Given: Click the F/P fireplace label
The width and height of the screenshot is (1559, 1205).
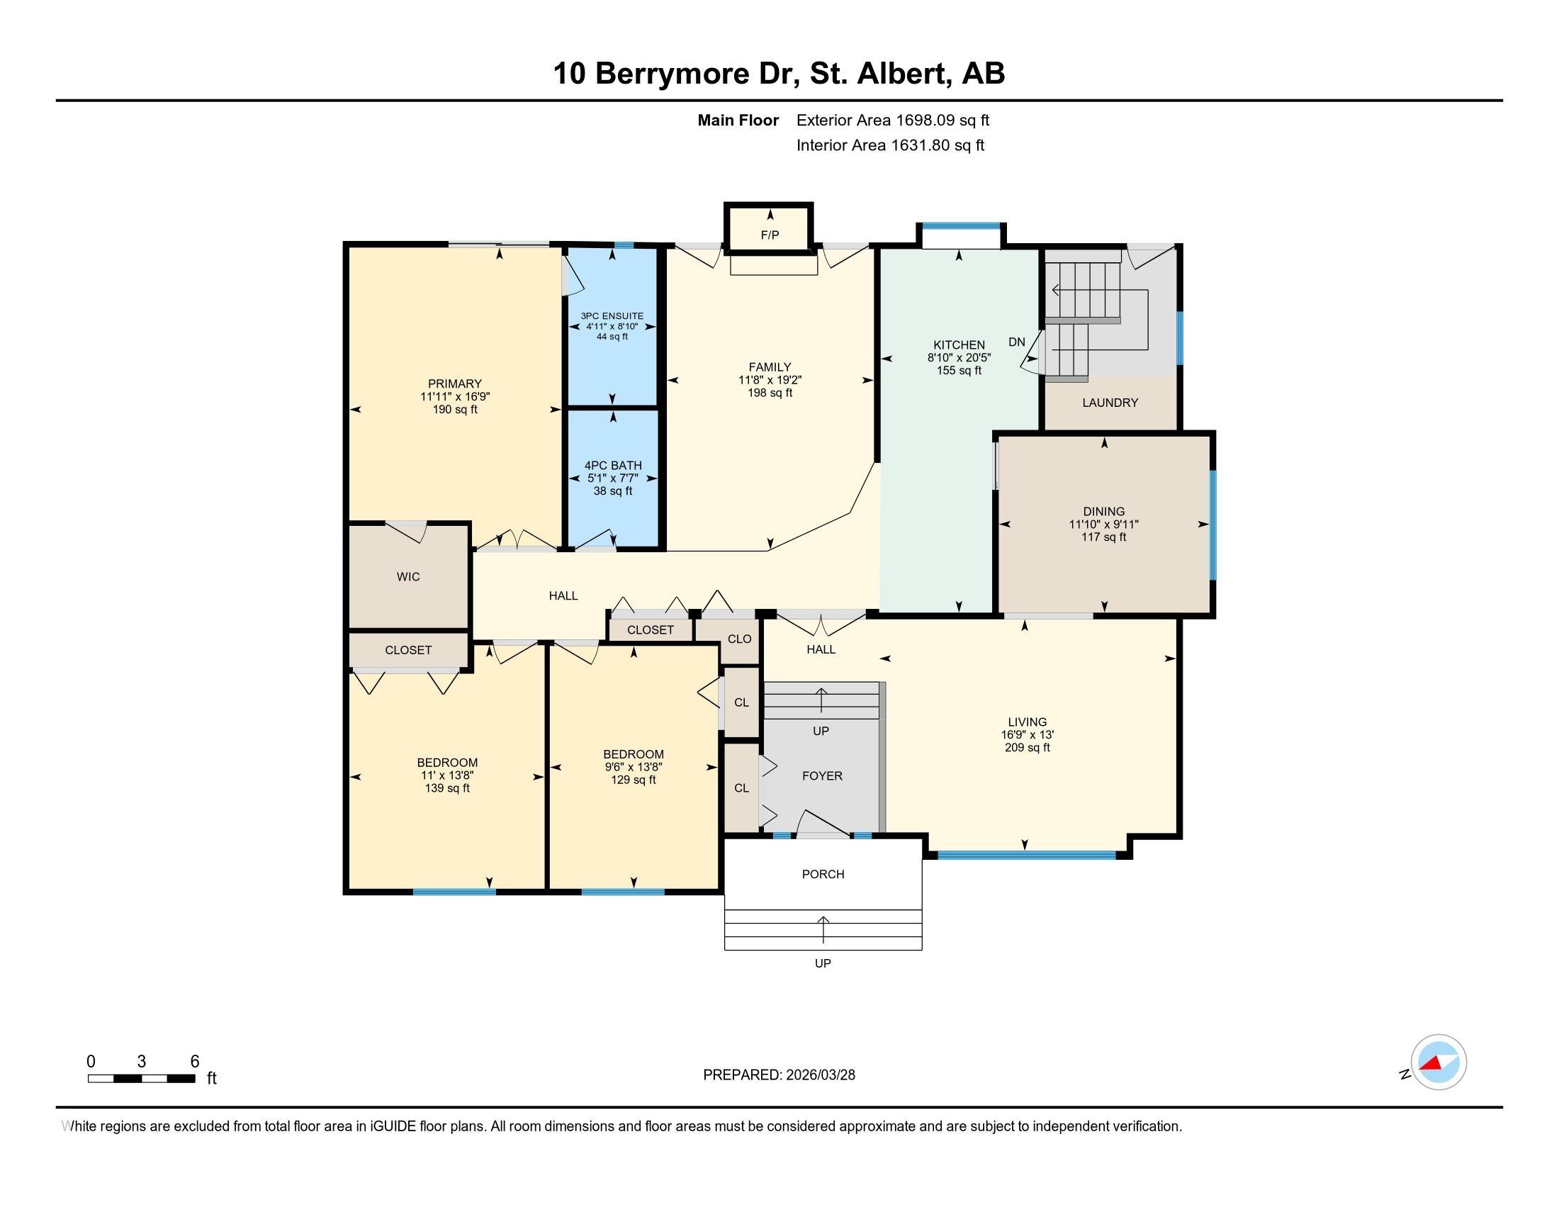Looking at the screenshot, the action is (x=770, y=235).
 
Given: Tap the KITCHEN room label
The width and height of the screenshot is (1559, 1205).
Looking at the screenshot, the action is (x=959, y=344).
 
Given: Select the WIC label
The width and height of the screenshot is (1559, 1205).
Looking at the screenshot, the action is (x=408, y=577).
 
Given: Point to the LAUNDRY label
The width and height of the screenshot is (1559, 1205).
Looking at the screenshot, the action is (x=1110, y=403).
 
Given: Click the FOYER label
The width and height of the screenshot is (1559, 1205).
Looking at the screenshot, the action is (x=822, y=776).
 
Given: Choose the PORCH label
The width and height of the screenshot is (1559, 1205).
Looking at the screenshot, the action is (x=823, y=874).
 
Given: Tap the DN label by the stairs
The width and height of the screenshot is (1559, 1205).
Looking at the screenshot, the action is (x=1016, y=342).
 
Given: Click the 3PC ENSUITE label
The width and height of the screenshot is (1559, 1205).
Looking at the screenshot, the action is (x=612, y=315).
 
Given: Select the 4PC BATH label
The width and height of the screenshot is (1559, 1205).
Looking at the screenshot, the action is (x=613, y=466).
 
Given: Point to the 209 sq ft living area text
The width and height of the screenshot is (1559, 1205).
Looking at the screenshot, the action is (x=1028, y=747).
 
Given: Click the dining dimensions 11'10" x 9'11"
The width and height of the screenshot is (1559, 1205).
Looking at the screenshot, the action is (x=1103, y=524).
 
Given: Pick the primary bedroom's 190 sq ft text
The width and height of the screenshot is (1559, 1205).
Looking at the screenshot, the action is (x=455, y=410).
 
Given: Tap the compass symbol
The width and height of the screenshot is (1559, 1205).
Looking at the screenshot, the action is (x=1439, y=1063).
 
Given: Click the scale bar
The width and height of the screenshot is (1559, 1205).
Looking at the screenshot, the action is (x=141, y=1079).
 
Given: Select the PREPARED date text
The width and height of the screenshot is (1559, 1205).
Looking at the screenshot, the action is (x=779, y=1075).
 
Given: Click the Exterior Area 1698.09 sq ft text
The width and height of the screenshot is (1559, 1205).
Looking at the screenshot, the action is (x=893, y=120).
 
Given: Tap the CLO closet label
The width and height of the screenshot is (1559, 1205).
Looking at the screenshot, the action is (x=740, y=639).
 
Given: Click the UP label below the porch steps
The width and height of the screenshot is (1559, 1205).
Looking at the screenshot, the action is (x=823, y=963).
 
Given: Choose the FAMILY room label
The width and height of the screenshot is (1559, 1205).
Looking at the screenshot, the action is (x=770, y=367).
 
